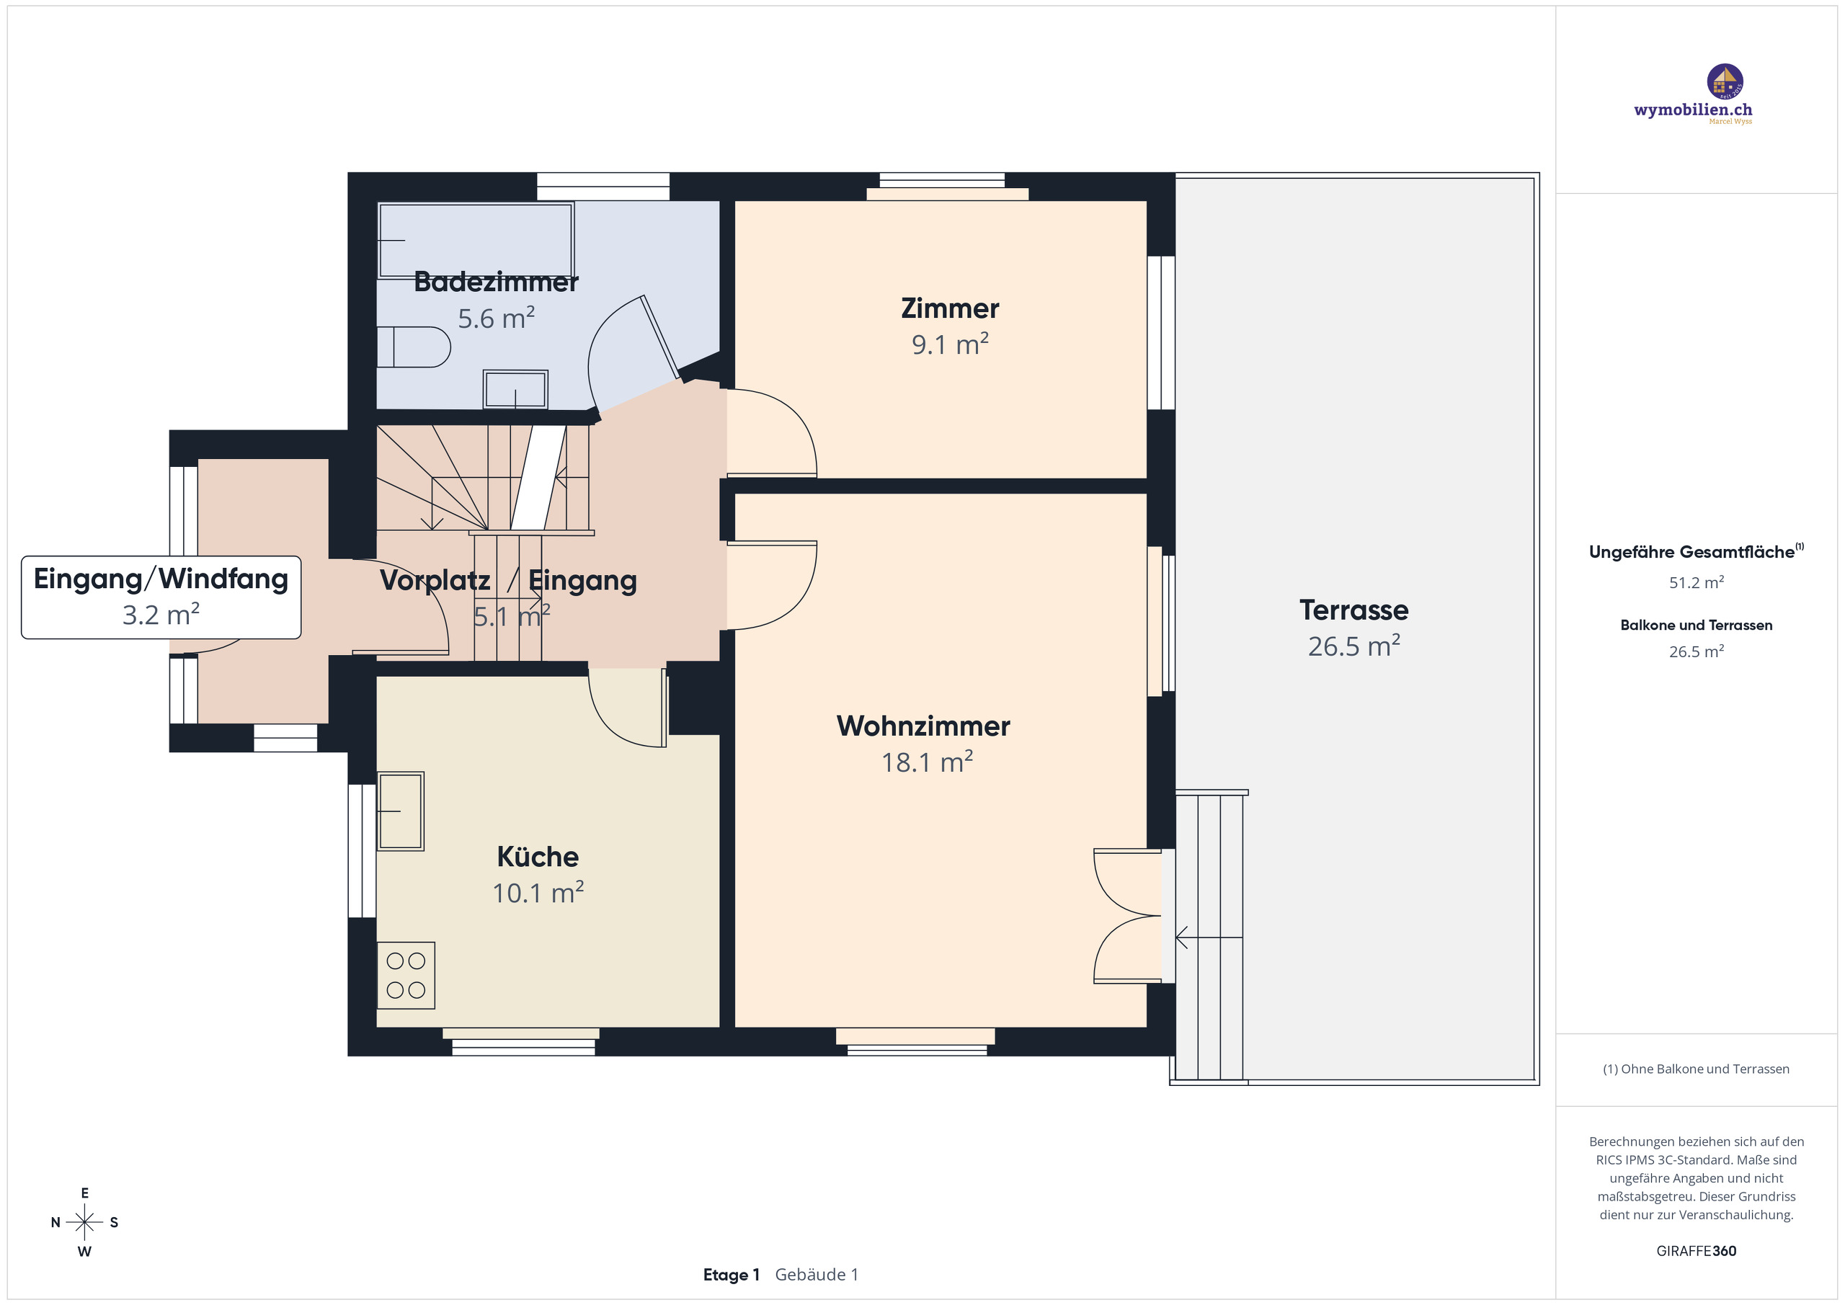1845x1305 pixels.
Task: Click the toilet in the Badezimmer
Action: tap(414, 347)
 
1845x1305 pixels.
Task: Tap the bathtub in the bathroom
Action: tap(476, 239)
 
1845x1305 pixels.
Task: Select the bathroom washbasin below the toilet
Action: tap(515, 390)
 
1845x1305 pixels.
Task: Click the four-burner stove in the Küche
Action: tap(406, 975)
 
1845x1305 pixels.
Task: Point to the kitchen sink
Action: tap(400, 811)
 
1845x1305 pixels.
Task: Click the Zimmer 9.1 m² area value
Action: tap(949, 344)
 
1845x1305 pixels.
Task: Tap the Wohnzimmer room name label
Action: tap(922, 726)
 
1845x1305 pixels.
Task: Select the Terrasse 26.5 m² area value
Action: tap(1353, 646)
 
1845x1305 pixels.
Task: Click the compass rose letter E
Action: tap(84, 1193)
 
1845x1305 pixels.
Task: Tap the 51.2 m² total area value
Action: tap(1696, 582)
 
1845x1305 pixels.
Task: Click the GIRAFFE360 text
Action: tap(1696, 1251)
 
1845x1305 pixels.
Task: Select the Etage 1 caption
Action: tap(731, 1275)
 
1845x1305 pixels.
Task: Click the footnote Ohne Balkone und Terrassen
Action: tap(1696, 1069)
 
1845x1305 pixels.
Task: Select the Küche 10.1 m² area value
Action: tap(538, 893)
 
